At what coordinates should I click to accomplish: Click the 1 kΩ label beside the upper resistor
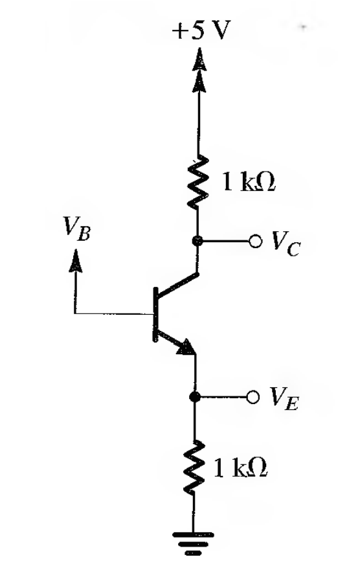click(x=249, y=183)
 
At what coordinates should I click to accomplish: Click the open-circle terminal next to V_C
click(x=256, y=242)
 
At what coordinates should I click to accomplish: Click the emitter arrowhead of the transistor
click(x=186, y=348)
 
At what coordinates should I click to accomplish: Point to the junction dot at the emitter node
click(x=194, y=396)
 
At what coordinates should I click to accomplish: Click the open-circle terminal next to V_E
click(x=254, y=396)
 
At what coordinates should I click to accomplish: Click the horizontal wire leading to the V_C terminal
click(x=227, y=242)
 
